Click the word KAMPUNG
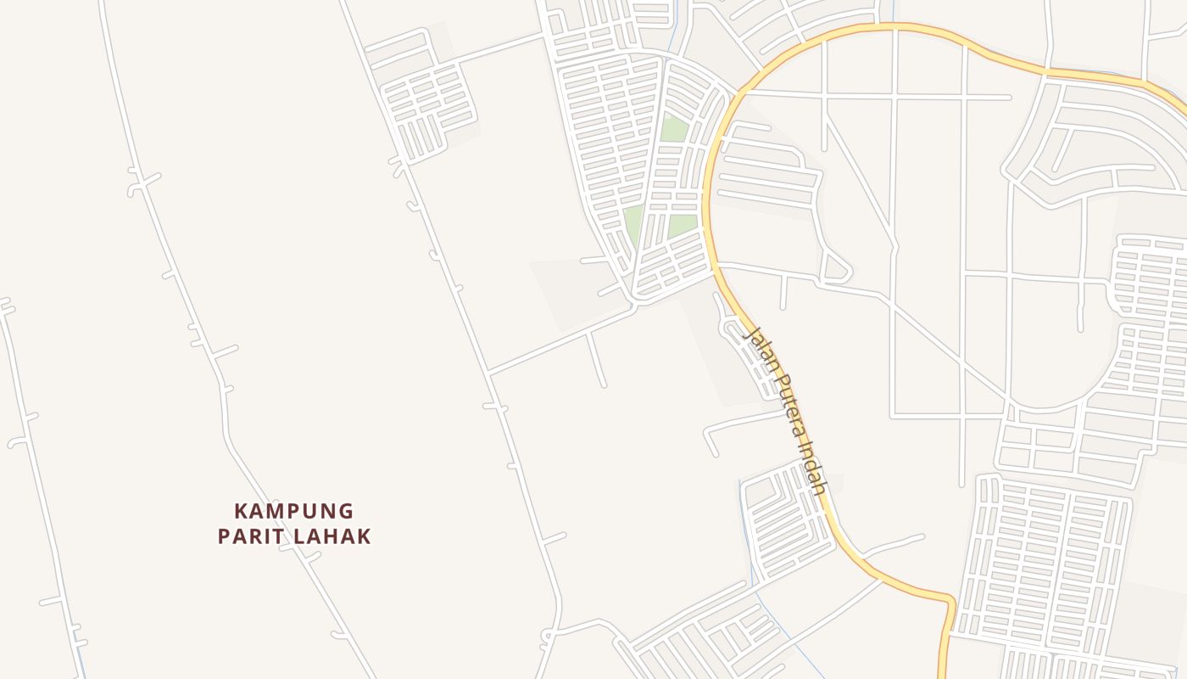tap(293, 511)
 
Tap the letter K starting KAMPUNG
tap(241, 511)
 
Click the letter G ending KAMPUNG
tap(345, 511)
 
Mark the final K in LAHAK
tap(364, 536)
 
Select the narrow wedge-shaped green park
tap(634, 224)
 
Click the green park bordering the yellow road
tap(682, 226)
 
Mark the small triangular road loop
tap(836, 267)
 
